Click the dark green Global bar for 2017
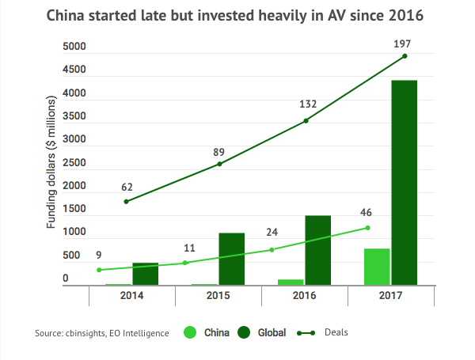tap(404, 182)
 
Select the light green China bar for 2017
tap(377, 267)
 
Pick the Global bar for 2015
tap(231, 259)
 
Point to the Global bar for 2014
tap(145, 274)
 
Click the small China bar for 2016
tap(291, 282)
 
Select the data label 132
tap(308, 104)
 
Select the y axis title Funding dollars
tap(51, 163)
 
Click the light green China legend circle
tap(191, 332)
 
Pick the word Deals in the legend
tap(336, 332)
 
